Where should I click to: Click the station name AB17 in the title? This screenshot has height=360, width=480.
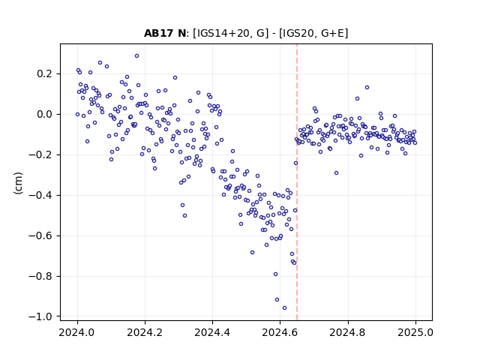point(158,33)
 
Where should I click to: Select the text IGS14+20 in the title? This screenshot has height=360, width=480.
point(222,33)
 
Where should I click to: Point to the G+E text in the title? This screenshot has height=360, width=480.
point(332,33)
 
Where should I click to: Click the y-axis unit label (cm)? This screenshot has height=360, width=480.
point(18,183)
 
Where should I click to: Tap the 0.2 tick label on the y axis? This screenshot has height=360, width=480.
point(45,73)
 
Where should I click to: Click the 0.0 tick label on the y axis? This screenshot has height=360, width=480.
point(45,115)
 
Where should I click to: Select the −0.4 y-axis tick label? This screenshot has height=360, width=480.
point(40,195)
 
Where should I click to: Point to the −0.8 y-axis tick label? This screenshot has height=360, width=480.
point(40,276)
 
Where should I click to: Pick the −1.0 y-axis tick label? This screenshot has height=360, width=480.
point(40,316)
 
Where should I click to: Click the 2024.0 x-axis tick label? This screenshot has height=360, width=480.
point(77,332)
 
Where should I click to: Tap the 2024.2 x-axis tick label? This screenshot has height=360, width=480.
point(145,332)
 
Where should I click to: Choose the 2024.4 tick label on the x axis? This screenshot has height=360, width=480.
point(212,332)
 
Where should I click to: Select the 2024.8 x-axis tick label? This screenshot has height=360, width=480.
point(347,332)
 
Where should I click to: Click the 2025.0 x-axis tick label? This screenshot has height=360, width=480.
point(415,332)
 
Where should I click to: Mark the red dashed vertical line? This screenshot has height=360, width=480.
point(297,182)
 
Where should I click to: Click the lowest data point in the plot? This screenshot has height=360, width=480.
point(284,307)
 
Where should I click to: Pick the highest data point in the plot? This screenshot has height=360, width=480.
point(136,55)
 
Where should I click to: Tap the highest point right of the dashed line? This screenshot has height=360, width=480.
point(367,87)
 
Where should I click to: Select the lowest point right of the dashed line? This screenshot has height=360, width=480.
point(336,172)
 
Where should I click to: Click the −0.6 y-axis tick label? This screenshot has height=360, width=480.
point(40,235)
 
